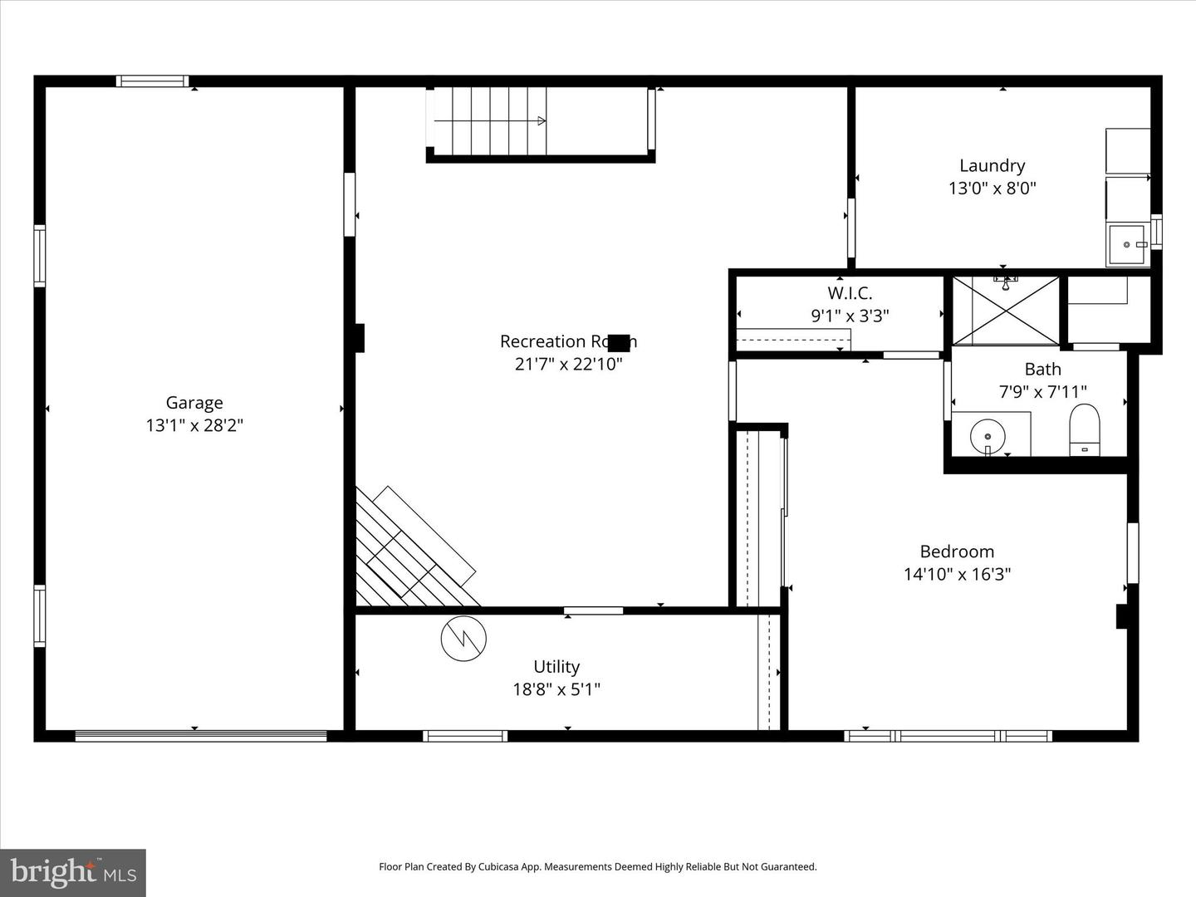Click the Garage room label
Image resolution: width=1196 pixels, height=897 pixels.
click(x=194, y=403)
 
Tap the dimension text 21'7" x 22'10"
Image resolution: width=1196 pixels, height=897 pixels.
click(x=568, y=364)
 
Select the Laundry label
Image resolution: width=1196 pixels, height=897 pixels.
click(x=992, y=165)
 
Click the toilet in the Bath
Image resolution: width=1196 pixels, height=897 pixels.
click(x=1084, y=429)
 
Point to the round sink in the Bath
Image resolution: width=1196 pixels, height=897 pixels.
click(x=988, y=435)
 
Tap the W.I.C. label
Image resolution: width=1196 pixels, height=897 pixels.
click(x=850, y=293)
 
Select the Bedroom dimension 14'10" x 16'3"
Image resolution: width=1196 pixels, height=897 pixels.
click(x=957, y=574)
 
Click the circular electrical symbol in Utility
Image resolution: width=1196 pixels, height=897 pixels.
click(x=463, y=638)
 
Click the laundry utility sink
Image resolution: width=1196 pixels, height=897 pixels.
click(x=1127, y=245)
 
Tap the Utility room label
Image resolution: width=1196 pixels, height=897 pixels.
click(x=556, y=666)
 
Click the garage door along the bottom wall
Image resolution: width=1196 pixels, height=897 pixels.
click(x=201, y=735)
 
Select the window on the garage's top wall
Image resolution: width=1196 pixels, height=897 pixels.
click(x=152, y=81)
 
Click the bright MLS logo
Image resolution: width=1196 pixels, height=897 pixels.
click(x=73, y=872)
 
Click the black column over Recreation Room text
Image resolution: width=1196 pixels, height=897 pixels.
click(x=619, y=341)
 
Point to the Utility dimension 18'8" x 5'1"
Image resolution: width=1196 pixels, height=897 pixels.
click(x=556, y=689)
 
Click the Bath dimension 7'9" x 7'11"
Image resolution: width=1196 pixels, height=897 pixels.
click(x=1042, y=391)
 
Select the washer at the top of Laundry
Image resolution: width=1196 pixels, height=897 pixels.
click(x=1127, y=150)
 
